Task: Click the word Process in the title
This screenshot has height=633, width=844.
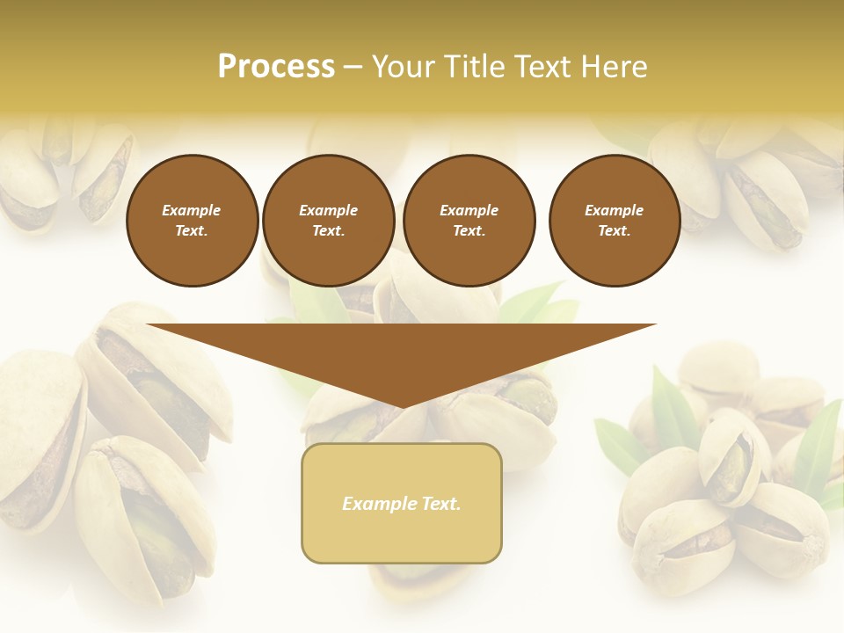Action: tap(276, 67)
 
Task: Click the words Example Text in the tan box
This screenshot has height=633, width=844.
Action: tap(402, 504)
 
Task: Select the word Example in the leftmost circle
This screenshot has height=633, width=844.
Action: tap(192, 210)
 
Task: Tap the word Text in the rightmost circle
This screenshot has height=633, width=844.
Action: tap(614, 230)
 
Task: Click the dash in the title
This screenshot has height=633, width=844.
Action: tap(353, 68)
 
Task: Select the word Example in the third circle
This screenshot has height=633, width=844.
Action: tap(469, 210)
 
